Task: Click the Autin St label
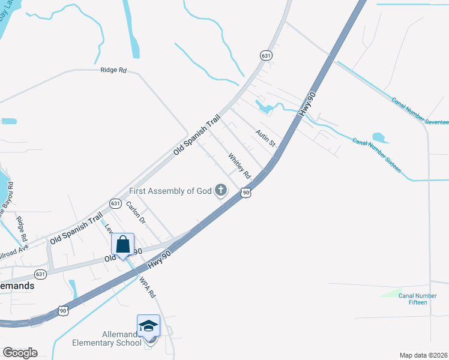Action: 265,139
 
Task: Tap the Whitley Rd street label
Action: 239,166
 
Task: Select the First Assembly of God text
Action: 171,191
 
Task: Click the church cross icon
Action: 221,191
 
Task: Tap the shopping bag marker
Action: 122,245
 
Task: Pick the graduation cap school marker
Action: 148,326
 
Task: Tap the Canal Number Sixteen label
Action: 376,155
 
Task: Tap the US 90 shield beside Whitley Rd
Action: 246,192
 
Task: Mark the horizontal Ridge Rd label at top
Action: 113,70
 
